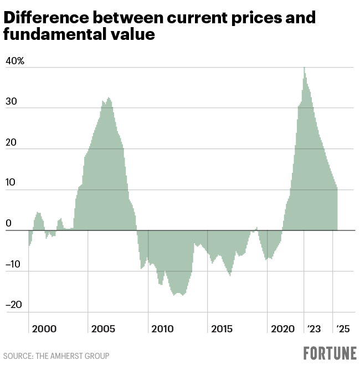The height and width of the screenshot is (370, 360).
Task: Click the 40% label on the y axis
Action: tap(15, 61)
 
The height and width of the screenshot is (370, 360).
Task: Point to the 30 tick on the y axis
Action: tap(11, 102)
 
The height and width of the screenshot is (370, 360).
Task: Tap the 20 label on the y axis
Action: tap(11, 142)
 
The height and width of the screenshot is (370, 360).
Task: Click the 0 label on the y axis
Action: tap(8, 224)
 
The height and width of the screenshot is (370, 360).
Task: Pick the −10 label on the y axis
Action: tap(13, 264)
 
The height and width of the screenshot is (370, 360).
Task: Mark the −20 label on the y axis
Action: tap(13, 305)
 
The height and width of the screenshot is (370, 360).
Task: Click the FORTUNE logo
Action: tap(330, 353)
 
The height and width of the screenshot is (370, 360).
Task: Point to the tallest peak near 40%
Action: tap(304, 69)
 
